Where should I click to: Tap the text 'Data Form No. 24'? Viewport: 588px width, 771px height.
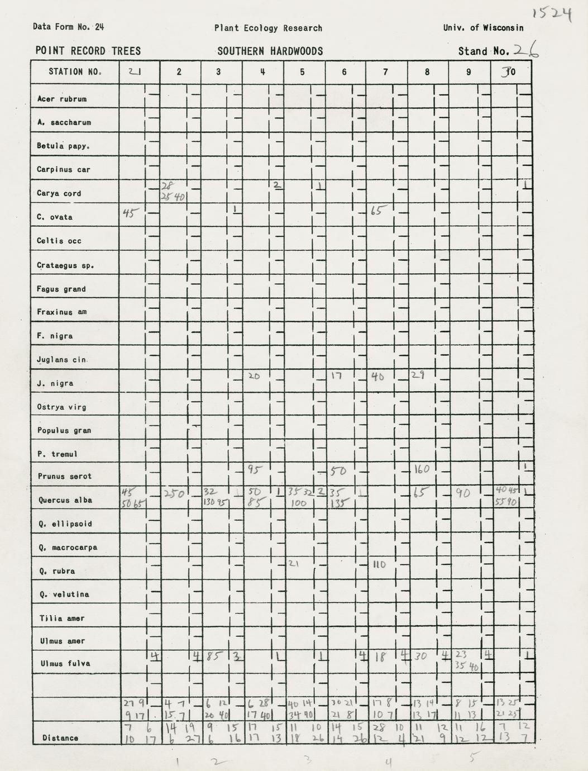(68, 27)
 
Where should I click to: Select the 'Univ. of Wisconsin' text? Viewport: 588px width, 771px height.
(483, 27)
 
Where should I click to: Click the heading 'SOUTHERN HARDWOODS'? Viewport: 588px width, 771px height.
(270, 51)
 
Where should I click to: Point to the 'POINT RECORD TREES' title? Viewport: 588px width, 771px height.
(88, 51)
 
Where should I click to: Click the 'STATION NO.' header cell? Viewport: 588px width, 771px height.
(74, 72)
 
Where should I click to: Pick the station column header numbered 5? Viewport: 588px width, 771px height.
(302, 72)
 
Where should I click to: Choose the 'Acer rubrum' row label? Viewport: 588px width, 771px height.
(61, 99)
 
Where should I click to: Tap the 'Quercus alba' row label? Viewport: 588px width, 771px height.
(64, 500)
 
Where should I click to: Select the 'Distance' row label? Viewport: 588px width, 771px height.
(60, 738)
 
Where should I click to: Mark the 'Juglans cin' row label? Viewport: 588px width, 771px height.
(61, 360)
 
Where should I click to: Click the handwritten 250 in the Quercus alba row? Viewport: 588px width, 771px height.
(174, 493)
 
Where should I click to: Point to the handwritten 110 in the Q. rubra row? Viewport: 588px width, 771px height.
(380, 565)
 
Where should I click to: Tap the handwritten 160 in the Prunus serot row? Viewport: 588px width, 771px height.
(421, 469)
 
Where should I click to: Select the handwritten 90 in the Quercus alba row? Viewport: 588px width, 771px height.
(463, 494)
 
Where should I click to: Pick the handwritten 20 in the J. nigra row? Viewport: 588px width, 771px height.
(254, 377)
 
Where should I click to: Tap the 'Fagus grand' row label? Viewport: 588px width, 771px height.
(61, 289)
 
